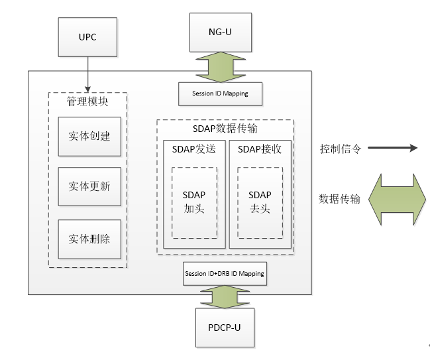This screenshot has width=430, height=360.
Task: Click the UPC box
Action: (87, 37)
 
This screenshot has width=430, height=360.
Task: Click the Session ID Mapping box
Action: (221, 93)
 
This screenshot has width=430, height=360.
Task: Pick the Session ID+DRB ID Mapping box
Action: (225, 273)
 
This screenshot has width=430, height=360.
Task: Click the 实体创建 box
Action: (89, 137)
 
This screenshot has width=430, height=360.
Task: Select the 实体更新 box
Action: (89, 186)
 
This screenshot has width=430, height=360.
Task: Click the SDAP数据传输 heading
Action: (225, 128)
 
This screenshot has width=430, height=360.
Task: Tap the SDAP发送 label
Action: (194, 149)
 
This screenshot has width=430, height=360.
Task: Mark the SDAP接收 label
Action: (260, 149)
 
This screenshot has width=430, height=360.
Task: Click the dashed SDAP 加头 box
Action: (194, 202)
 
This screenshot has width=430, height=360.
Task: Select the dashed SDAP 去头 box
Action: (260, 202)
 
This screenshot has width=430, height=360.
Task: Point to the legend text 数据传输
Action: (339, 198)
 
